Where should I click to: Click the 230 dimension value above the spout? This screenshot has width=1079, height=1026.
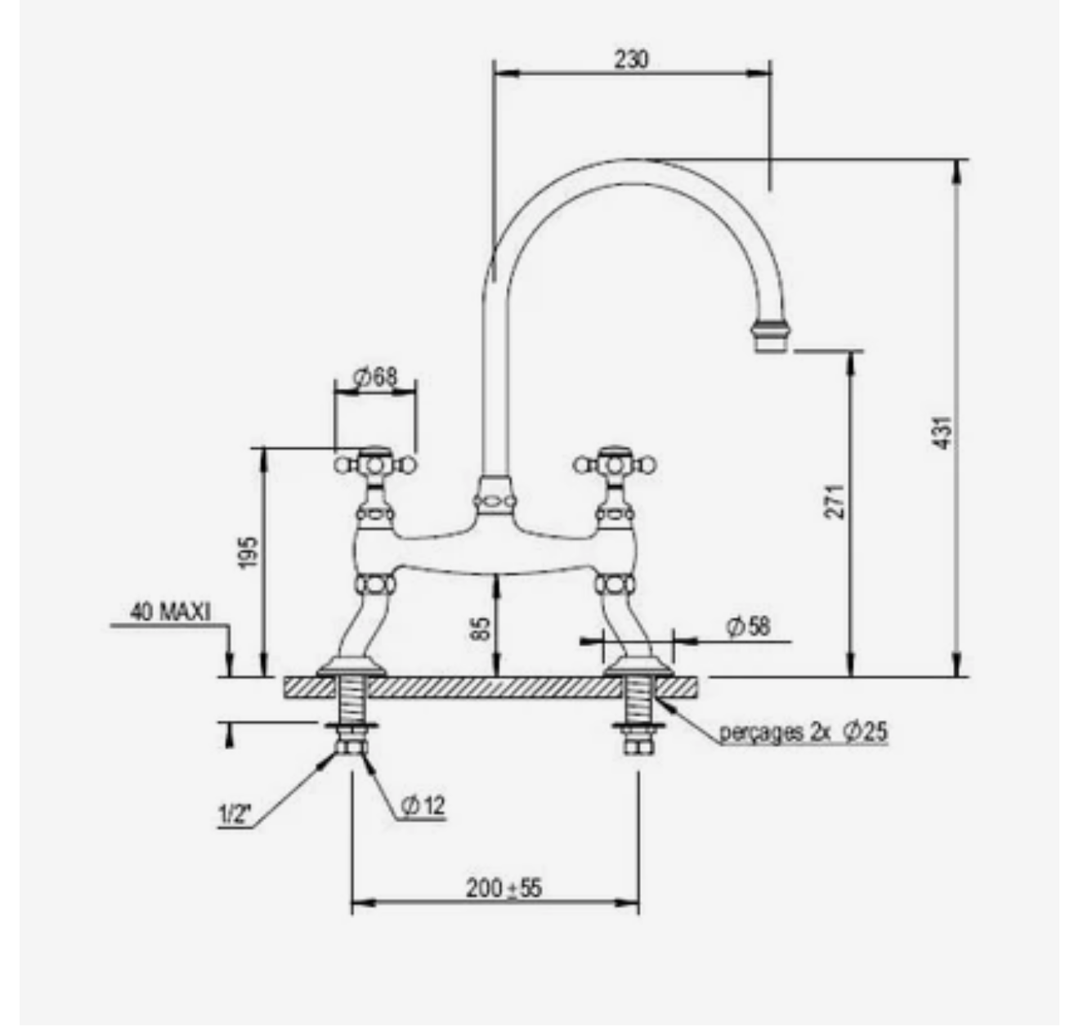[631, 60]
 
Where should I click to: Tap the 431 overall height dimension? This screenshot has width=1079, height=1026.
[942, 433]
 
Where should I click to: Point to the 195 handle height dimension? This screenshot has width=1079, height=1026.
[248, 553]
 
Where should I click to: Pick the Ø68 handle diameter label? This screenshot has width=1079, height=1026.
[374, 377]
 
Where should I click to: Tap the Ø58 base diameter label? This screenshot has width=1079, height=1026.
[748, 625]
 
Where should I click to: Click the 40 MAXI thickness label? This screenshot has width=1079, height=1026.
[170, 612]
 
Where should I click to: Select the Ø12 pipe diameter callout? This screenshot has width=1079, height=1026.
[423, 806]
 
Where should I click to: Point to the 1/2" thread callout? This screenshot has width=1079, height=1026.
[234, 815]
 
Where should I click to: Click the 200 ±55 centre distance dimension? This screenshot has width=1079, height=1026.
[504, 888]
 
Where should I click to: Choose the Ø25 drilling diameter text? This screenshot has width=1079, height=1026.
[866, 732]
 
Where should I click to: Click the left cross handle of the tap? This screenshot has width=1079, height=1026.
[375, 465]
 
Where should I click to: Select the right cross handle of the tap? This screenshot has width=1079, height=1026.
[615, 465]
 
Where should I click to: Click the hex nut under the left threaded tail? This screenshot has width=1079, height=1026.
[351, 747]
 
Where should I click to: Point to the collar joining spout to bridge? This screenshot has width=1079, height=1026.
[495, 495]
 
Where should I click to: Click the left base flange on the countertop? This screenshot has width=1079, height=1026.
[351, 666]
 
